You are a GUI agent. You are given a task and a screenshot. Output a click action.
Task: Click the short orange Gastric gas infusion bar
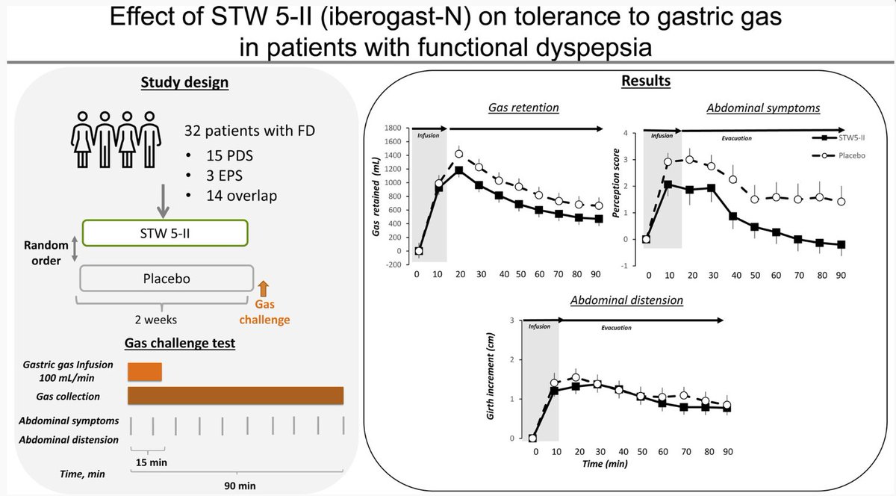[145, 371]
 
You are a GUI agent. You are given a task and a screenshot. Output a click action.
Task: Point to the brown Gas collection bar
[235, 396]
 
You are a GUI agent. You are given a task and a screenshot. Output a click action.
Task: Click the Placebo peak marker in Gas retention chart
[459, 155]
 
